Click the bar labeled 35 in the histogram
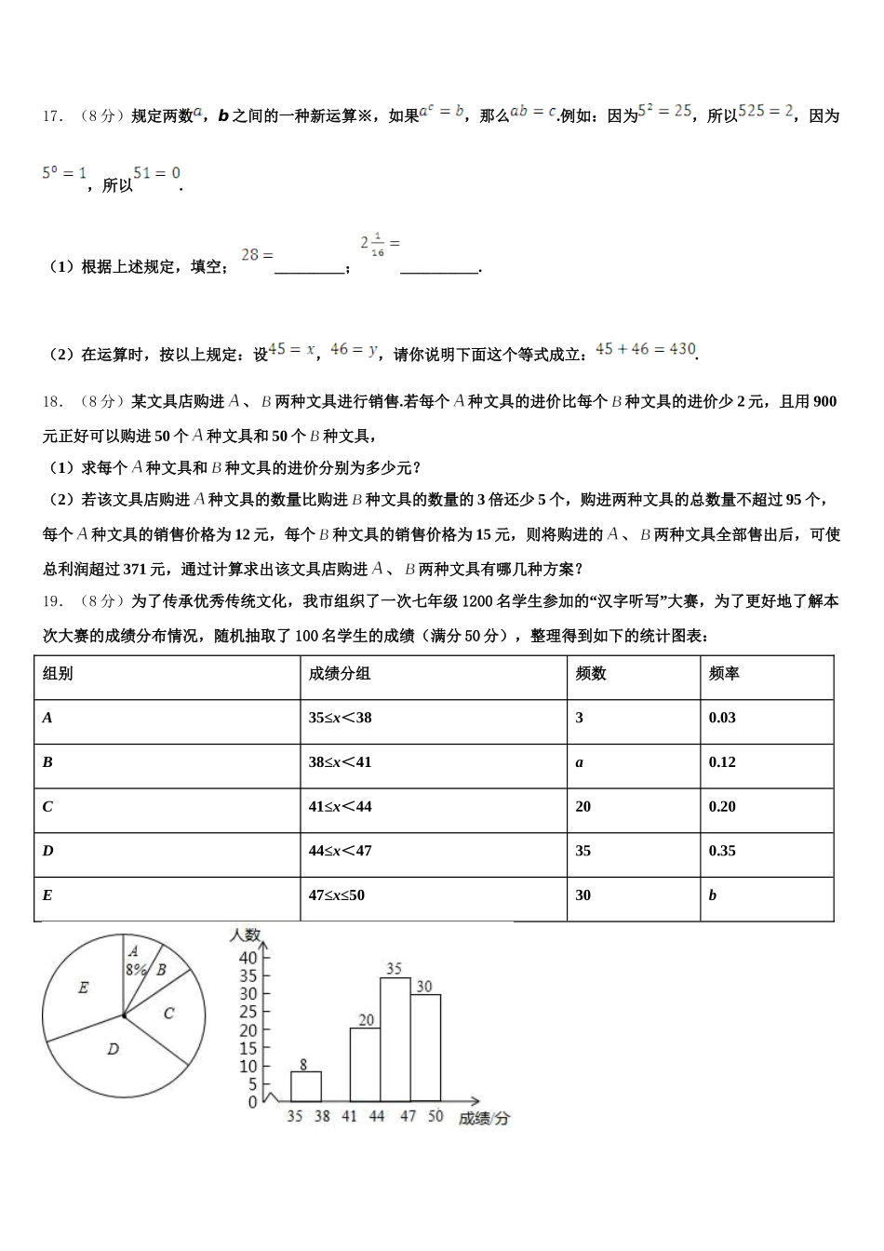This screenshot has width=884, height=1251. (x=395, y=1040)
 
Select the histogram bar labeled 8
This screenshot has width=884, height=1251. (x=306, y=1086)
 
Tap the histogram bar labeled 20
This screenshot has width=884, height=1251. (x=366, y=1065)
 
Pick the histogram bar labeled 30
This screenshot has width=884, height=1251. (x=425, y=1048)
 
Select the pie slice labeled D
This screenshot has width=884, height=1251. (x=113, y=1049)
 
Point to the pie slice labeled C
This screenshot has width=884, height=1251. (x=168, y=1013)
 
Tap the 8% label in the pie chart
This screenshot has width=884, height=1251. (x=136, y=968)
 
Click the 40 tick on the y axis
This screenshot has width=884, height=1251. (x=248, y=958)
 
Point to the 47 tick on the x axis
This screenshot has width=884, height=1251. (x=409, y=1116)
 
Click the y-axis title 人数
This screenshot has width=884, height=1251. (x=246, y=935)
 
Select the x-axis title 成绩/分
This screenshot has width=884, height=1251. (x=484, y=1118)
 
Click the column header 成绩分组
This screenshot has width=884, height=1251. (x=340, y=673)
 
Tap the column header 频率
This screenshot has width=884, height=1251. (x=724, y=673)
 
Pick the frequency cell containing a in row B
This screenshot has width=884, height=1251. (x=580, y=762)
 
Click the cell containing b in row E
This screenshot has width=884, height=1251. (x=713, y=895)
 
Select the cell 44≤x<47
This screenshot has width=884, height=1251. (x=340, y=851)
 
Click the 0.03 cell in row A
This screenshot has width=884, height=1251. (x=722, y=718)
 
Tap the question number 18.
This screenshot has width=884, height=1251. (x=52, y=402)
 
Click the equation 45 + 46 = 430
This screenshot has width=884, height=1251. (x=646, y=349)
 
